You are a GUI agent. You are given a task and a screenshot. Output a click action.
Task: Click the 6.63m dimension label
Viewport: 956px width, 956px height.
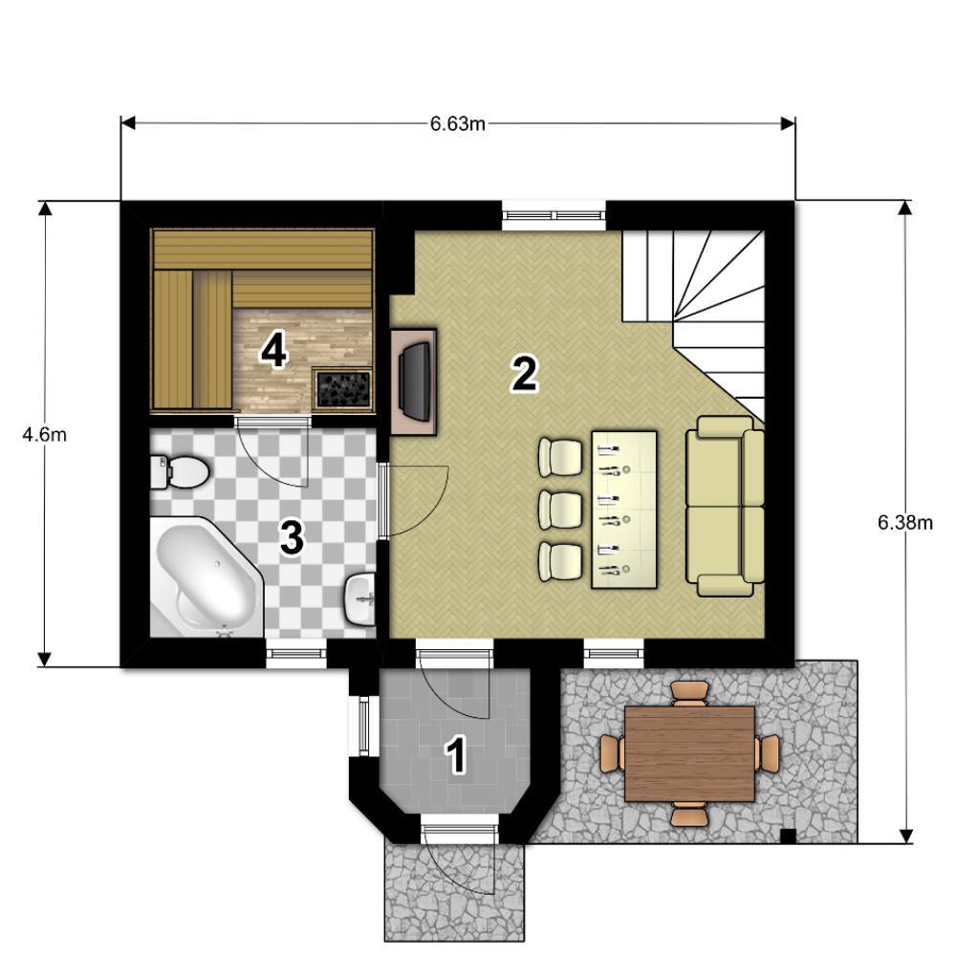(x=457, y=123)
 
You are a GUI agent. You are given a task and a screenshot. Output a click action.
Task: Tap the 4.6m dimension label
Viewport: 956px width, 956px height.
(x=44, y=435)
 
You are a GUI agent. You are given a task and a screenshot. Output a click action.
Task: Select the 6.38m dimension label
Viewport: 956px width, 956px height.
(x=904, y=523)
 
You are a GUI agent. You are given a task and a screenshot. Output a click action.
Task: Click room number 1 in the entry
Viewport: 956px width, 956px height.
(x=457, y=755)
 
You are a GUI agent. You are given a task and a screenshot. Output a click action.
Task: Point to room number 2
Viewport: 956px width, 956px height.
(x=524, y=375)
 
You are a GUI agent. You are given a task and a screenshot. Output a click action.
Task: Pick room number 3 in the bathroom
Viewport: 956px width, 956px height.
(x=292, y=537)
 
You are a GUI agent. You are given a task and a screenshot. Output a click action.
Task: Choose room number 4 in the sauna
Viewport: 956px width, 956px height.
(x=273, y=351)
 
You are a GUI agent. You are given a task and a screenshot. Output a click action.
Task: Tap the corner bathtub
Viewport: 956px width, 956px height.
(x=206, y=576)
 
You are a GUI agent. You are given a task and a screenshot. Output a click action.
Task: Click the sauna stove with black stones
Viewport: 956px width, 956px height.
(x=342, y=388)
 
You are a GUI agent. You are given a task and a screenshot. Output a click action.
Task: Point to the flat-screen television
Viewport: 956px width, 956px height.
(x=415, y=381)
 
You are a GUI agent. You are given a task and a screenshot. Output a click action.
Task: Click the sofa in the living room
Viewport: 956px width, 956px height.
(x=725, y=506)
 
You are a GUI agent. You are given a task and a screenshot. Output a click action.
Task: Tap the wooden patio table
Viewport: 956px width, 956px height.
(x=689, y=753)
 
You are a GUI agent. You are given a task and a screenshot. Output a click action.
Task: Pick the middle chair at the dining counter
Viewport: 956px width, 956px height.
(x=560, y=511)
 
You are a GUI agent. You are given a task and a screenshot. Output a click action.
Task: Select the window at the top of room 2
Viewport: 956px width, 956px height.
(x=554, y=214)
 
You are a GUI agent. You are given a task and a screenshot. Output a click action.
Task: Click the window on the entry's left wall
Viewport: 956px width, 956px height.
(x=363, y=727)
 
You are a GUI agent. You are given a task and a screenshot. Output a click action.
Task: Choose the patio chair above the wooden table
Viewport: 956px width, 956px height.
(x=689, y=693)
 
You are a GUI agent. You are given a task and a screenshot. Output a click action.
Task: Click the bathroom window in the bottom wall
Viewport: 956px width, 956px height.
(x=296, y=654)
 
